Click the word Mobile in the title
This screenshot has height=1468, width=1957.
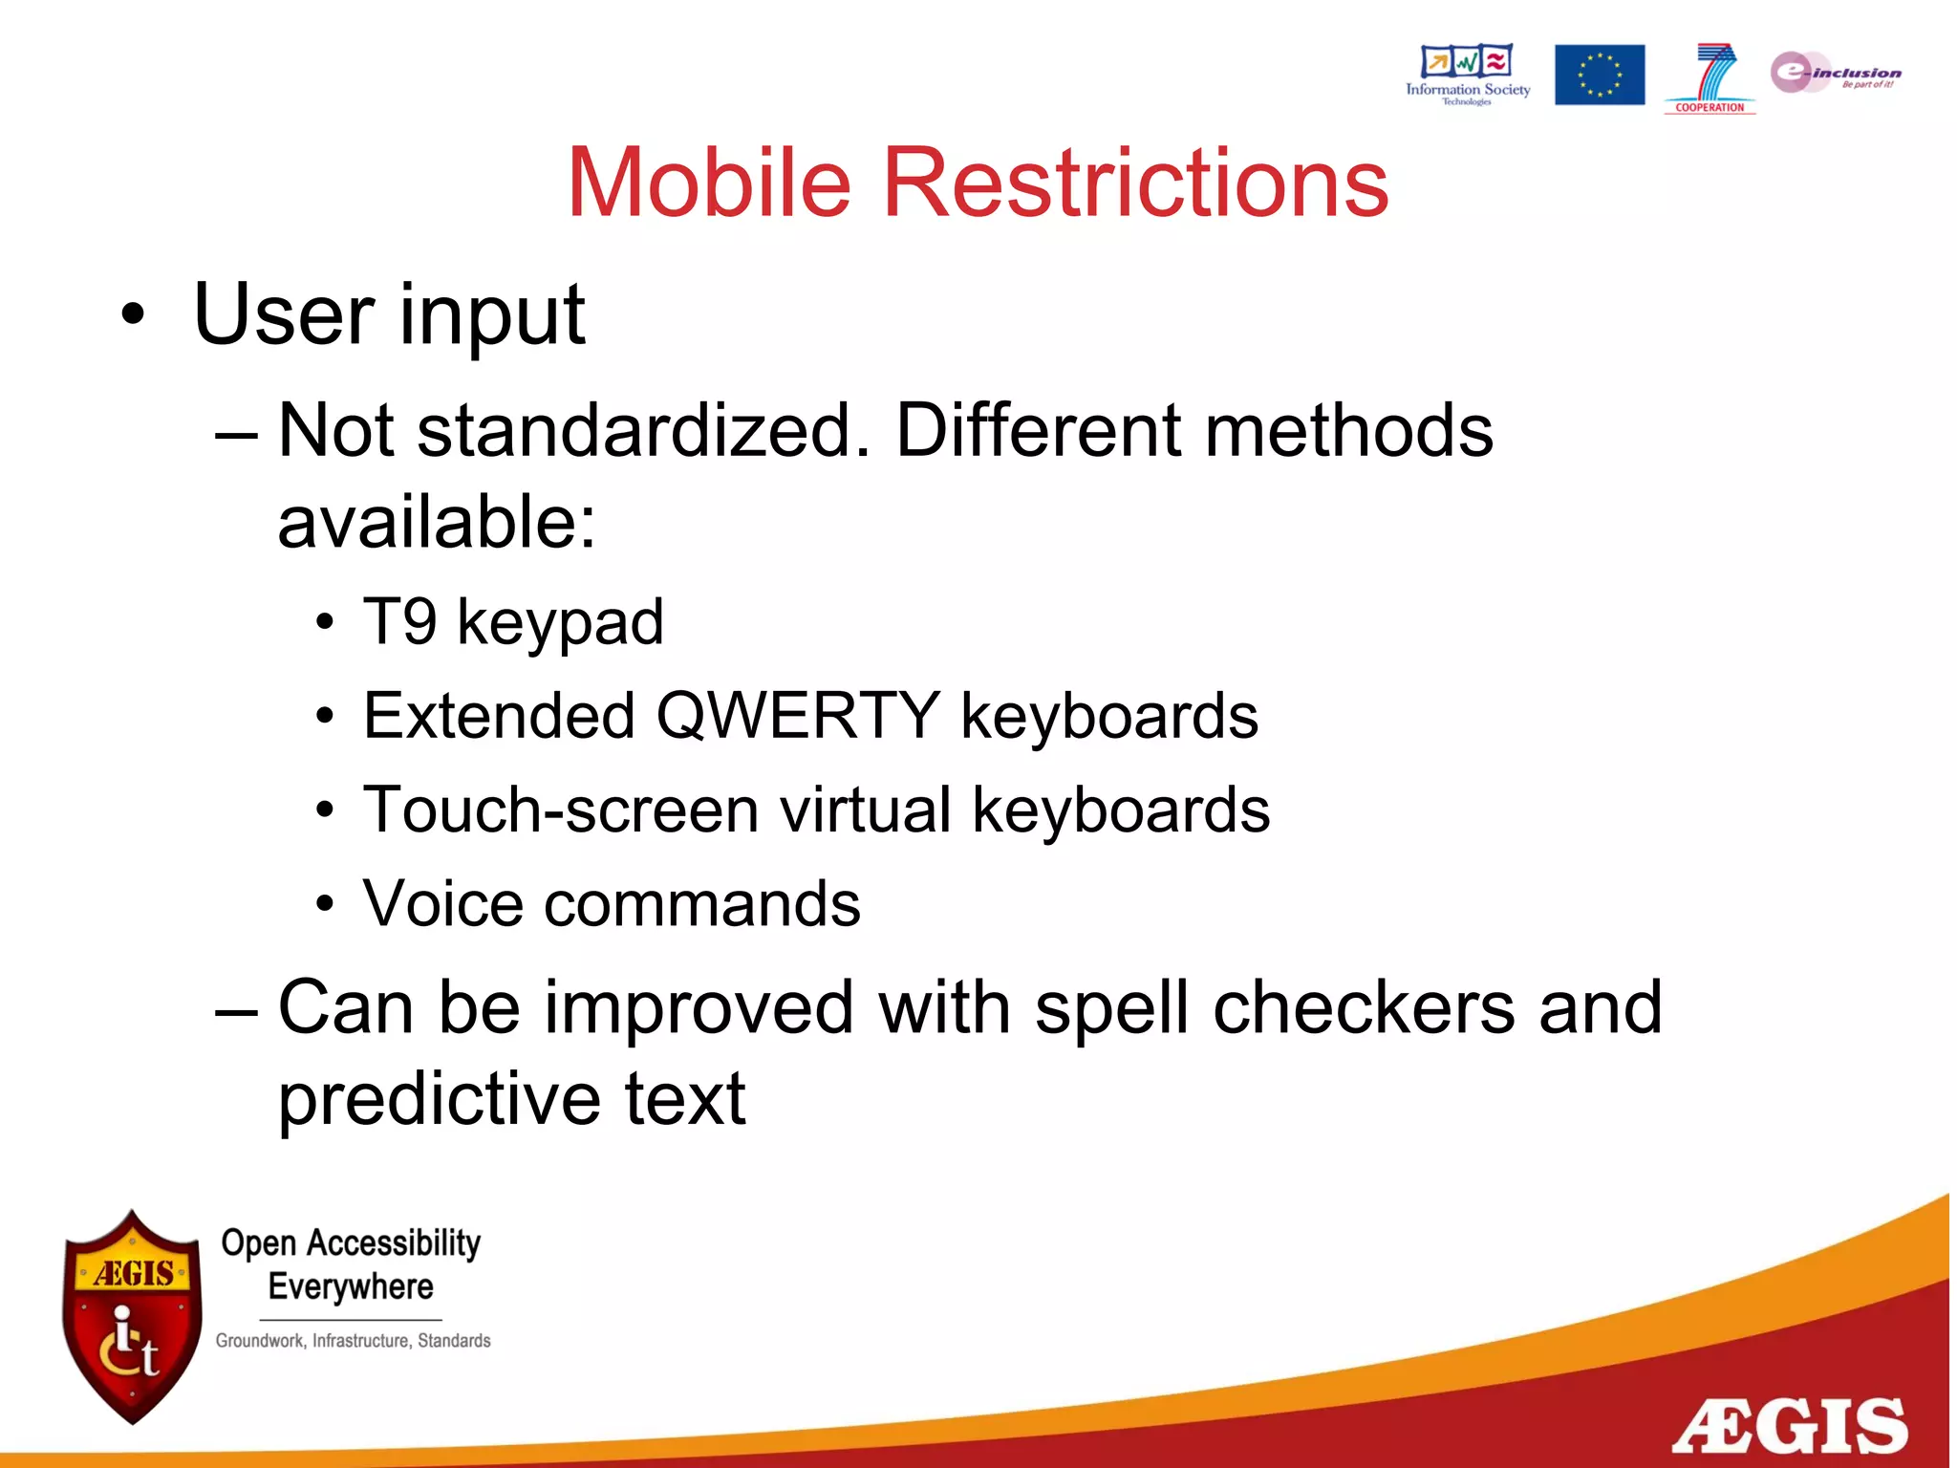708,183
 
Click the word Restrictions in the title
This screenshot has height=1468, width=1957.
1135,183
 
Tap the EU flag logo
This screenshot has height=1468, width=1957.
1599,75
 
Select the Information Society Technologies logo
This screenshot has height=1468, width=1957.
1467,74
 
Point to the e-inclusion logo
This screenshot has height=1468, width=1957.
1835,73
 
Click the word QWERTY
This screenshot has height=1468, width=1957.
797,715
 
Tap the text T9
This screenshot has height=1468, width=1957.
399,621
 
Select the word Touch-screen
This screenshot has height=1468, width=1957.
561,810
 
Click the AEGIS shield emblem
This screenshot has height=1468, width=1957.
132,1317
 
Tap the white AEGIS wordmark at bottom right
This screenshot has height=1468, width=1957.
1789,1426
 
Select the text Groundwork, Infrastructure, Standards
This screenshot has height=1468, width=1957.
353,1341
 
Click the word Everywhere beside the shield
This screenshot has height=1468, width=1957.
351,1286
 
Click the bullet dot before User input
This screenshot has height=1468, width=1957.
133,315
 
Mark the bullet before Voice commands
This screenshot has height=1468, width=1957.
326,904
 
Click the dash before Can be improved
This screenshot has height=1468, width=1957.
236,1009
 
